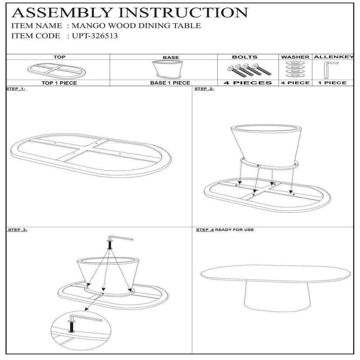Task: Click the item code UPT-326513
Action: click(x=95, y=36)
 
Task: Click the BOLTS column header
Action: click(x=245, y=57)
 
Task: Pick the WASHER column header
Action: click(x=295, y=57)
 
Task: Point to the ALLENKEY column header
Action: click(x=333, y=57)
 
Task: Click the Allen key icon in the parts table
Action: click(x=328, y=70)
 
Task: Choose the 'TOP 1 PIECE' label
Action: click(x=59, y=83)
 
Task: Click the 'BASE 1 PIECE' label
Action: click(x=170, y=83)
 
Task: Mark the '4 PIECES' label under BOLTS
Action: click(x=248, y=83)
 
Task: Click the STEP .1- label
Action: click(x=15, y=89)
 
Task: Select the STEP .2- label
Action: click(x=204, y=89)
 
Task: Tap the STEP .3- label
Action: click(x=18, y=230)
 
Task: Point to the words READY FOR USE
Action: click(x=234, y=230)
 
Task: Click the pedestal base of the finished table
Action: click(x=277, y=296)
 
